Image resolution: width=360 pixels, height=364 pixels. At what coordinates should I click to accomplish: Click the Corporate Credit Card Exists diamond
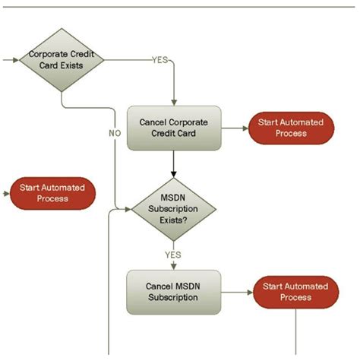click(x=61, y=59)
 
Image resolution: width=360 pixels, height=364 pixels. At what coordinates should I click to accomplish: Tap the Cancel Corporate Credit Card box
click(x=173, y=128)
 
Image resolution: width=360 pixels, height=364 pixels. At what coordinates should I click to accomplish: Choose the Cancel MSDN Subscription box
click(x=173, y=292)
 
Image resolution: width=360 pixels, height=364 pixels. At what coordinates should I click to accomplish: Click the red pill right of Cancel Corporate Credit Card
click(x=291, y=128)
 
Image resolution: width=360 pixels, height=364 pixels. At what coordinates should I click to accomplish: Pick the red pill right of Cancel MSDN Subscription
click(x=295, y=291)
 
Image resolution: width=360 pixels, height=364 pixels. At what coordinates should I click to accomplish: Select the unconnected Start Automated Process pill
click(x=52, y=193)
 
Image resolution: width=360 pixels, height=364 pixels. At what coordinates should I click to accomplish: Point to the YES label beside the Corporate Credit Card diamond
click(x=160, y=59)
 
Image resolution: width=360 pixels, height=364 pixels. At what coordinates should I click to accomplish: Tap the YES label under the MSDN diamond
click(x=173, y=255)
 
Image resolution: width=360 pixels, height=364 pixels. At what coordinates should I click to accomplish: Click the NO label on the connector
click(x=115, y=133)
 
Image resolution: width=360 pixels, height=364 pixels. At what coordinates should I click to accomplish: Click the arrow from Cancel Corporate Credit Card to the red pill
click(x=234, y=128)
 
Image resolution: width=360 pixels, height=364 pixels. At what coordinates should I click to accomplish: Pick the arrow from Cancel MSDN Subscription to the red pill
click(x=236, y=292)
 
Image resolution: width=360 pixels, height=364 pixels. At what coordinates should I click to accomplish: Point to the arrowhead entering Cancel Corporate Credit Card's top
click(x=174, y=101)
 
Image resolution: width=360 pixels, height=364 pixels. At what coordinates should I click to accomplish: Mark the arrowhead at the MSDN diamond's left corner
click(x=127, y=207)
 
